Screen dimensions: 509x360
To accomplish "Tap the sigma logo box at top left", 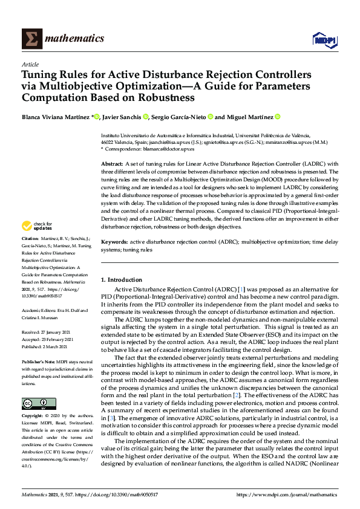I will pos(31,39).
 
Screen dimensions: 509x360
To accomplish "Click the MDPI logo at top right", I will pos(324,39).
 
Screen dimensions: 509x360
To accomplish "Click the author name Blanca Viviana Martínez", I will pos(56,117).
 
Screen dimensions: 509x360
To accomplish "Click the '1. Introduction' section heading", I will pos(122,280).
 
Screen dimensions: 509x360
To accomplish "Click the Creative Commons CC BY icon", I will pos(34,403).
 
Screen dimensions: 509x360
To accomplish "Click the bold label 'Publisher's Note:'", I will pos(39,361).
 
